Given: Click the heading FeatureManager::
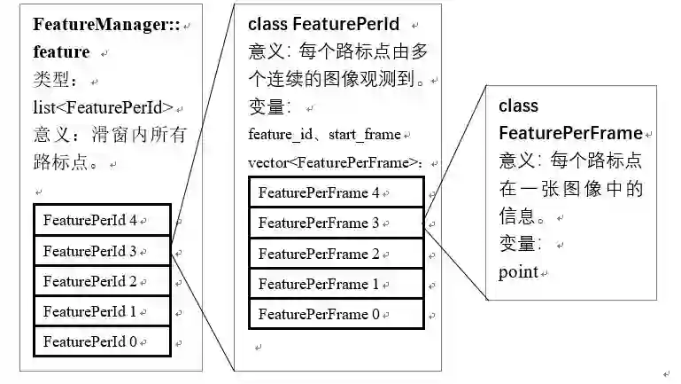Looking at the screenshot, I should tap(106, 24).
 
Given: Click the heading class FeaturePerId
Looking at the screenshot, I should tap(323, 24).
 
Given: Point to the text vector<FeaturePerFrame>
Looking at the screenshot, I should tap(333, 162).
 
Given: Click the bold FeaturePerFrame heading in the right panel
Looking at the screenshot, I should tap(570, 133).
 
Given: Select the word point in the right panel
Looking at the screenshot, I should tap(518, 270).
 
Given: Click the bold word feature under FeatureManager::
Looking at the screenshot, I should tap(61, 51).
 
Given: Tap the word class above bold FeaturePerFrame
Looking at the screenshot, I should tap(518, 106).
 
